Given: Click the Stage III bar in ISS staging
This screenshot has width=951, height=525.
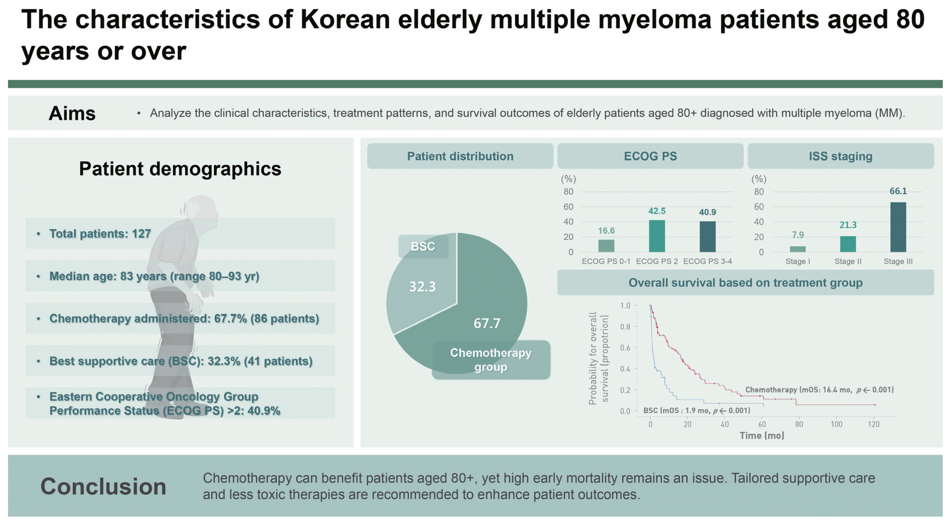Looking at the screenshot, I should pyautogui.click(x=898, y=227).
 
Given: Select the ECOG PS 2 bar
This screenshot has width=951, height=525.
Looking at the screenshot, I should pyautogui.click(x=657, y=236).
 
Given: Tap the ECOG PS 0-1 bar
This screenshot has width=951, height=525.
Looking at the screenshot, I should pyautogui.click(x=606, y=246).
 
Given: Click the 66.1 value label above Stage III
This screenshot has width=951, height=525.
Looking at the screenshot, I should pyautogui.click(x=898, y=191).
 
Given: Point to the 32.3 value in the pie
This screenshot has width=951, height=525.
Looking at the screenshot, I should pyautogui.click(x=422, y=287).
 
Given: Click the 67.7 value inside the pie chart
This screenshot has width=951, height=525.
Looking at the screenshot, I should pyautogui.click(x=487, y=323).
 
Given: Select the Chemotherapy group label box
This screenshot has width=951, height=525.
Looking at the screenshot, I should pyautogui.click(x=491, y=360).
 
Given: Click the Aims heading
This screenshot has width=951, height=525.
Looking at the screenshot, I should pyautogui.click(x=72, y=113).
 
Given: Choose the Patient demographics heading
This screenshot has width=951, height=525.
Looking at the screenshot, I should pyautogui.click(x=180, y=169).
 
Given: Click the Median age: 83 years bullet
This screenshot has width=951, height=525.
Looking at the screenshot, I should pyautogui.click(x=154, y=276).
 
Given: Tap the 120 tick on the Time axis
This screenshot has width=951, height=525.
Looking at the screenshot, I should pyautogui.click(x=874, y=424).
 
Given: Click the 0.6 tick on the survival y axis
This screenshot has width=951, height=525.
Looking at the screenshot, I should pyautogui.click(x=625, y=348).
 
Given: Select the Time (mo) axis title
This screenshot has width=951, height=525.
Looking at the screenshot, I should pyautogui.click(x=762, y=436).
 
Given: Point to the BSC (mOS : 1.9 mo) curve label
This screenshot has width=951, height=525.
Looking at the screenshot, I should pyautogui.click(x=697, y=410).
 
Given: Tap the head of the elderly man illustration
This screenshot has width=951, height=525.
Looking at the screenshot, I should pyautogui.click(x=201, y=209).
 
